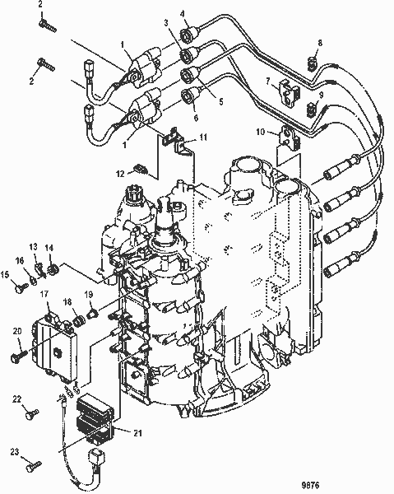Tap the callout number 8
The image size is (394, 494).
coord(321,42)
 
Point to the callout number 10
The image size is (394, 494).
coord(260,132)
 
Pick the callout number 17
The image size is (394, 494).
coord(44,294)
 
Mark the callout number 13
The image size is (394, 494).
coord(35,247)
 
